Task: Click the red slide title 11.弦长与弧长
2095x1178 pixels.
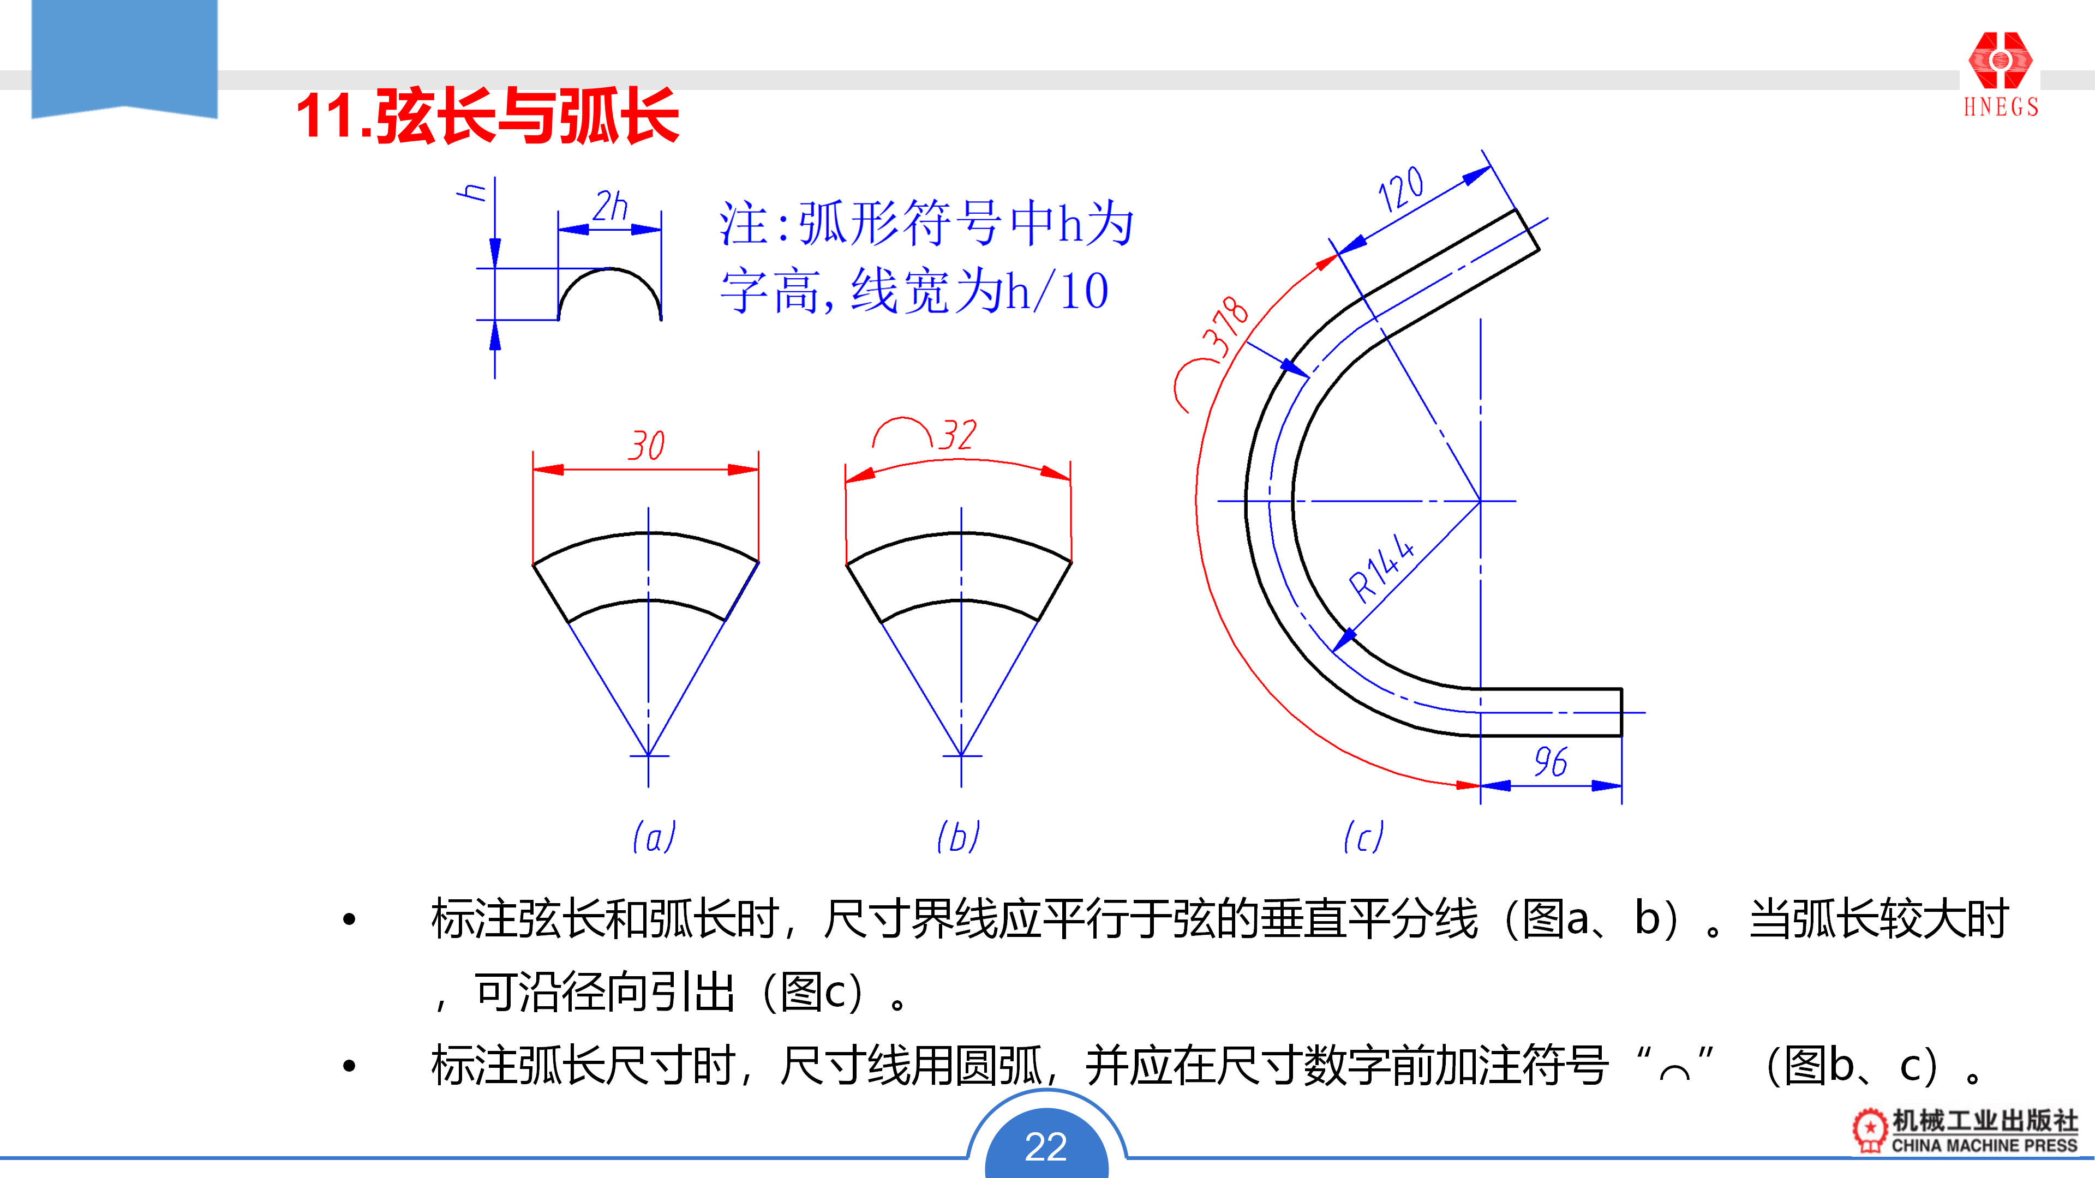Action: tap(487, 116)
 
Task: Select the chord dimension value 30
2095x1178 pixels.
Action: tap(647, 446)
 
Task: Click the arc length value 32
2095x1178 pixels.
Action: tap(957, 436)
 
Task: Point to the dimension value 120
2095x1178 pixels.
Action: tap(1400, 189)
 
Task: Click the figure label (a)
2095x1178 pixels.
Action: tap(654, 837)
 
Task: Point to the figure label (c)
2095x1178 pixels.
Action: tap(1363, 837)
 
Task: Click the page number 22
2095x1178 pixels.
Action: tap(1046, 1146)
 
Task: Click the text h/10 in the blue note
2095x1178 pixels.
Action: tap(1057, 291)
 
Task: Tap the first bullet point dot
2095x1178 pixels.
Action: tap(350, 919)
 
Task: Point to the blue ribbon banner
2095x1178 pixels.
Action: tap(124, 57)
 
